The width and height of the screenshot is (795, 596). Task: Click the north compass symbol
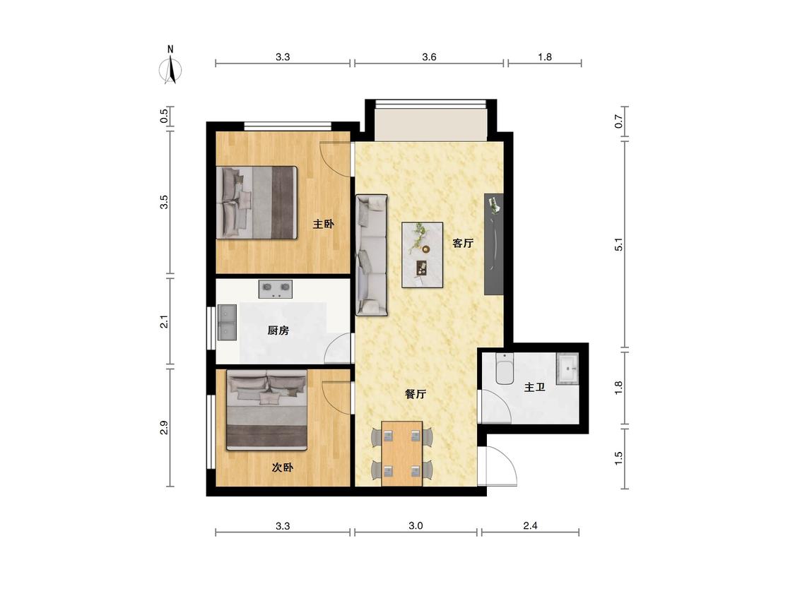pyautogui.click(x=171, y=66)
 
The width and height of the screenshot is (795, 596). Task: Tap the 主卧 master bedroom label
pyautogui.click(x=324, y=223)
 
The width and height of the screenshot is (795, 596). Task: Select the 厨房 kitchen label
pyautogui.click(x=278, y=330)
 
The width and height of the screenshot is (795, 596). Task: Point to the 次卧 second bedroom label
pyautogui.click(x=283, y=467)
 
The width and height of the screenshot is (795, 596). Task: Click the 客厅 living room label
pyautogui.click(x=463, y=243)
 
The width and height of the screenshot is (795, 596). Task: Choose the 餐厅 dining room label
pyautogui.click(x=416, y=394)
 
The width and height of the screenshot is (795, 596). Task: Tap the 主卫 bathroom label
pyautogui.click(x=534, y=387)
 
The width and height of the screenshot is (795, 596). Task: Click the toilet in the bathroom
pyautogui.click(x=505, y=369)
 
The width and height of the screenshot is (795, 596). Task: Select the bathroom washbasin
pyautogui.click(x=567, y=369)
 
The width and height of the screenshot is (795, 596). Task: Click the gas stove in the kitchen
pyautogui.click(x=276, y=290)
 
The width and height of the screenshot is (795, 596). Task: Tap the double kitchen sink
pyautogui.click(x=227, y=322)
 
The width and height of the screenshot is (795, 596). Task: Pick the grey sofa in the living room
pyautogui.click(x=371, y=256)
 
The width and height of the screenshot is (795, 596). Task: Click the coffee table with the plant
pyautogui.click(x=423, y=255)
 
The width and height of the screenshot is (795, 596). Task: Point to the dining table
pyautogui.click(x=402, y=453)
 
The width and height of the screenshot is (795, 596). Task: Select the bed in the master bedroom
pyautogui.click(x=257, y=202)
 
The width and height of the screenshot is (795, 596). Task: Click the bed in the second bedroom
pyautogui.click(x=266, y=410)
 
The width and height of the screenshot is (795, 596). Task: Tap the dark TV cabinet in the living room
pyautogui.click(x=494, y=244)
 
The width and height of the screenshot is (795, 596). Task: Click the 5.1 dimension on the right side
pyautogui.click(x=618, y=244)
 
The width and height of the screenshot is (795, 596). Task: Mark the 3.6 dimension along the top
pyautogui.click(x=429, y=56)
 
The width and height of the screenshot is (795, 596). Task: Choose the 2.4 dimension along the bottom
pyautogui.click(x=530, y=525)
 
